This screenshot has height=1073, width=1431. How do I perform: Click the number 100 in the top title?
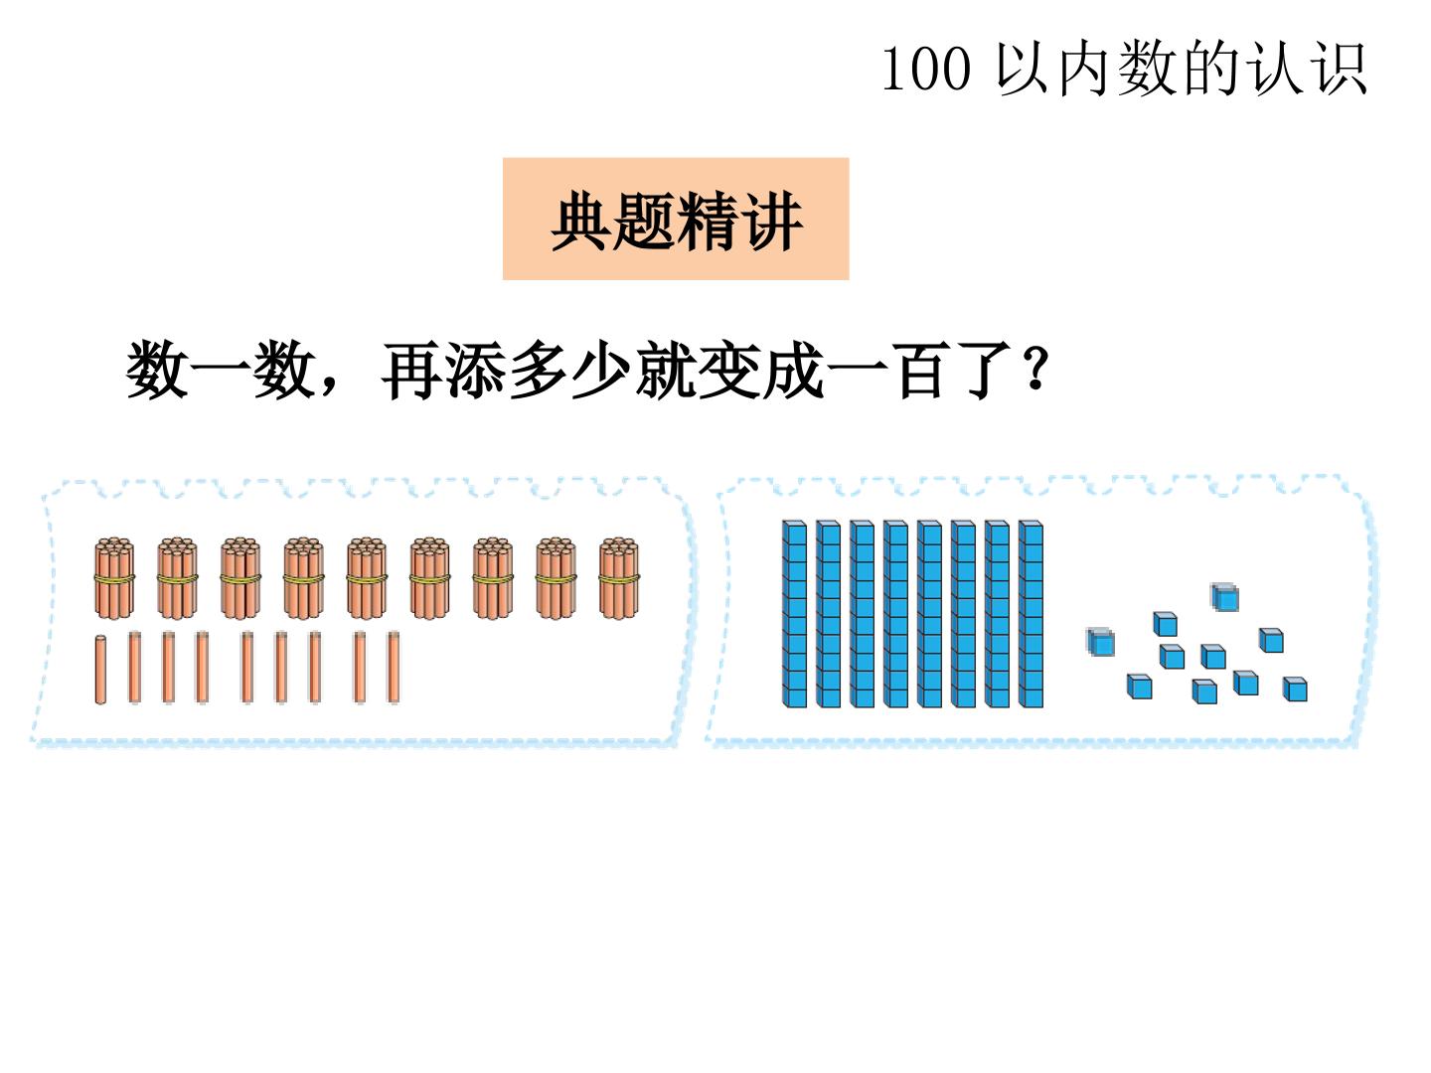pyautogui.click(x=926, y=69)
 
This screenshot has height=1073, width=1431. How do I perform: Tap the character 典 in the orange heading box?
pyautogui.click(x=581, y=221)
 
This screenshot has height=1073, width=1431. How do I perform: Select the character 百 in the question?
pyautogui.click(x=920, y=370)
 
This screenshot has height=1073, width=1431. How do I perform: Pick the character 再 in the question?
pyautogui.click(x=410, y=370)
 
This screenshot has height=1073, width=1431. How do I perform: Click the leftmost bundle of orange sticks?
pyautogui.click(x=114, y=578)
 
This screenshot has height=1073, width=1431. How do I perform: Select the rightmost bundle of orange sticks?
pyautogui.click(x=619, y=578)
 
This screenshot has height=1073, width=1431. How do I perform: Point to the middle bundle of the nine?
pyautogui.click(x=367, y=578)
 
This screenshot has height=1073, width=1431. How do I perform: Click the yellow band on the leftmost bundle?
pyautogui.click(x=114, y=578)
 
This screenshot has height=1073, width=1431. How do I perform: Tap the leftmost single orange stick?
pyautogui.click(x=100, y=670)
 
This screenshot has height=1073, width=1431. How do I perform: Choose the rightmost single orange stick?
pyautogui.click(x=394, y=667)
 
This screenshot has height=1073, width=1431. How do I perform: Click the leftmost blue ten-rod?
pyautogui.click(x=794, y=614)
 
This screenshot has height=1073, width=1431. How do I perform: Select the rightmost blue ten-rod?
pyautogui.click(x=1031, y=614)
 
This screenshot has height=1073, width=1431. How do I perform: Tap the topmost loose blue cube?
pyautogui.click(x=1225, y=597)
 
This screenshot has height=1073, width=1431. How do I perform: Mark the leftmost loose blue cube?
pyautogui.click(x=1100, y=642)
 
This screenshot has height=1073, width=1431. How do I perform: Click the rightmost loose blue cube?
pyautogui.click(x=1295, y=689)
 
